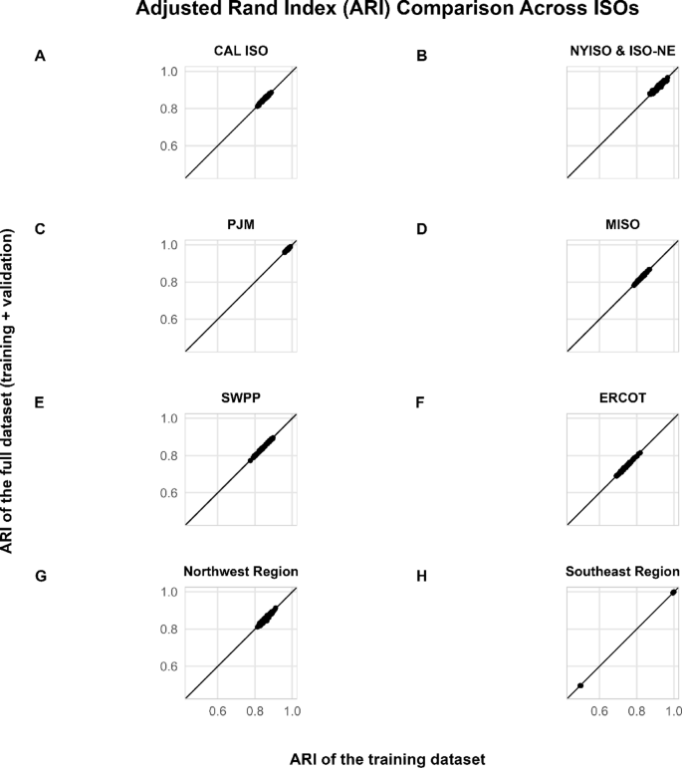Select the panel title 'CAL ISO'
(x=240, y=51)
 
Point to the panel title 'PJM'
(x=240, y=224)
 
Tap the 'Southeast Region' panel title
(x=622, y=571)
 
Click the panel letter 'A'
(x=40, y=56)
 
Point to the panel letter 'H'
(x=421, y=576)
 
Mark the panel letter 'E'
(x=40, y=402)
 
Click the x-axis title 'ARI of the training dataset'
(x=387, y=758)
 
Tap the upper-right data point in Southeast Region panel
(x=674, y=593)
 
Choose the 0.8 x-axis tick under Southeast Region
(x=636, y=712)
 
